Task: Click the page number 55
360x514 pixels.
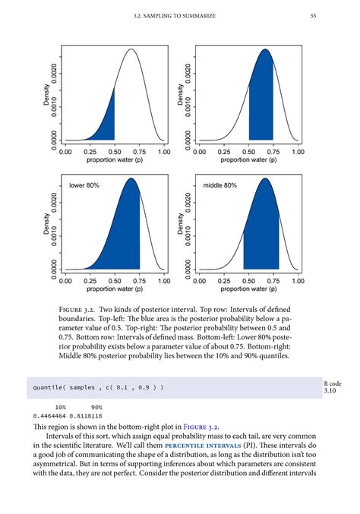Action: (x=335, y=16)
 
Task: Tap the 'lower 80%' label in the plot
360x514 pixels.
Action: (x=84, y=184)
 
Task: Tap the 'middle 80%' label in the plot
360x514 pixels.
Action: (x=220, y=184)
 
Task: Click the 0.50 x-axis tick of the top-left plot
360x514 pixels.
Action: (x=115, y=152)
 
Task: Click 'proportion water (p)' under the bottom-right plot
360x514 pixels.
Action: (x=249, y=289)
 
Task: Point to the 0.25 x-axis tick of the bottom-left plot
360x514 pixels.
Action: (x=90, y=281)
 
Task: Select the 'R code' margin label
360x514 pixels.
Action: (x=333, y=384)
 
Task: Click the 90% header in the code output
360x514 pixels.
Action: (x=96, y=407)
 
